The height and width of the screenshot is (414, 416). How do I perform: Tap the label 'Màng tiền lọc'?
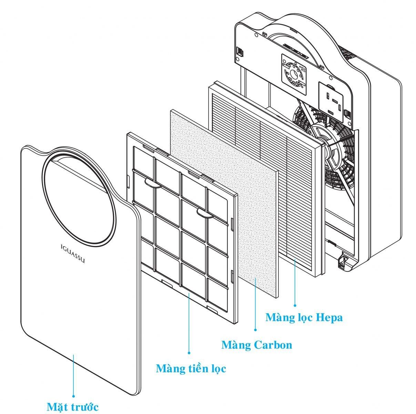[191, 368]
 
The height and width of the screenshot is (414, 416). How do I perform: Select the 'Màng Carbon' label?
[257, 344]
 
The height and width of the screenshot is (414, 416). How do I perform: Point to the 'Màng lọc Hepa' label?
[304, 318]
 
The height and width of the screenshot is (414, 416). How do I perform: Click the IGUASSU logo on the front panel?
[72, 254]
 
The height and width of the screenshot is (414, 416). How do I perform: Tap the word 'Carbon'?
[273, 345]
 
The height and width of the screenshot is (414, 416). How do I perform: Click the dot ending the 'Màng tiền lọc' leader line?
[189, 353]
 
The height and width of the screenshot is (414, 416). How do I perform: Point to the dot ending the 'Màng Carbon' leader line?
[256, 330]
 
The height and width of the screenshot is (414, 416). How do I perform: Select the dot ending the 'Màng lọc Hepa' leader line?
[295, 305]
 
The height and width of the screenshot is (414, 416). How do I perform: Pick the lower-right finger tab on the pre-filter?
[205, 213]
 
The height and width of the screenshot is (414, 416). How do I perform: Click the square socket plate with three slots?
[331, 101]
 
